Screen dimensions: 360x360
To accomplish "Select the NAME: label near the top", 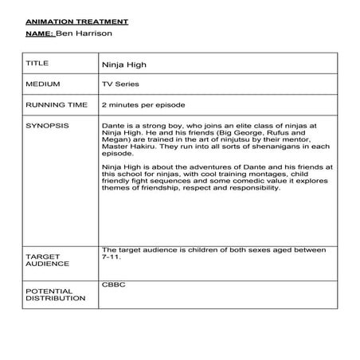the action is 41,34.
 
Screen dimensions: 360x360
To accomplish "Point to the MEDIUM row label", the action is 41,83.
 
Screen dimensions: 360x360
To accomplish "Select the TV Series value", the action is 120,83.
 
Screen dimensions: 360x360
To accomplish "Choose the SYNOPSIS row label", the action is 46,126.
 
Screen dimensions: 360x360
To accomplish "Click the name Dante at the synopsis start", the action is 113,126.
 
